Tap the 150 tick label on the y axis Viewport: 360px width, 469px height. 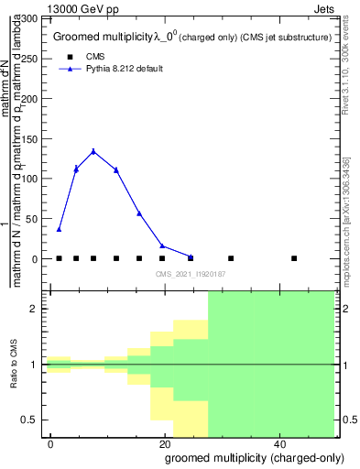(30, 138)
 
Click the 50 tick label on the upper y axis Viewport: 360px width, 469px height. (34, 218)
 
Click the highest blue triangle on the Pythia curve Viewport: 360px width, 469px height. (93, 151)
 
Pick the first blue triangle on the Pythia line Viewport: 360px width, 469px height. (59, 229)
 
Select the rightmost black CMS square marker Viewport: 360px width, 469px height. (294, 258)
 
